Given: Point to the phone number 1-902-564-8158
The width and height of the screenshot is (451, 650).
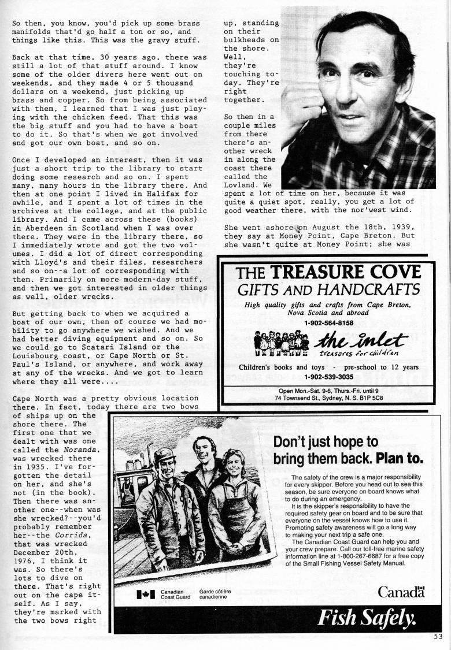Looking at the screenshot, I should pos(328,323).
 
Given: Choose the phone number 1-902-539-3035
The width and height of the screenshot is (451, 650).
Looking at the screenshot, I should pos(328,377).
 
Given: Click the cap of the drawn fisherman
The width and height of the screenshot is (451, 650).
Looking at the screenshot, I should pos(165,454).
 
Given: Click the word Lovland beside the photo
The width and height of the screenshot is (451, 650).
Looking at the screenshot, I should pos(240,186).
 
